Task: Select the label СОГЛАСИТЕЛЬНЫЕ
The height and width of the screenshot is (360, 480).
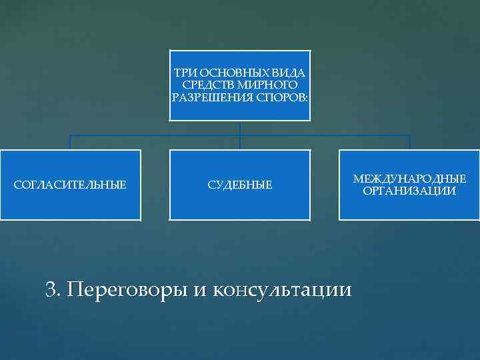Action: pyautogui.click(x=70, y=184)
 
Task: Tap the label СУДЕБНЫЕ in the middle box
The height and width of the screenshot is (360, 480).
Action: pyautogui.click(x=240, y=184)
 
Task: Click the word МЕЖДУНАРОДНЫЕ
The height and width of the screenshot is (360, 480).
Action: pyautogui.click(x=409, y=179)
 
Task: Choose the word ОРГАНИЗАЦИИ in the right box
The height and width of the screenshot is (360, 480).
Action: pyautogui.click(x=409, y=191)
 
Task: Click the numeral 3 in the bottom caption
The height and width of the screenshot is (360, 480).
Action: pyautogui.click(x=51, y=289)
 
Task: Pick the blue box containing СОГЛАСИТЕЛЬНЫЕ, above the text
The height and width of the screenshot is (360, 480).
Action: pyautogui.click(x=70, y=163)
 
